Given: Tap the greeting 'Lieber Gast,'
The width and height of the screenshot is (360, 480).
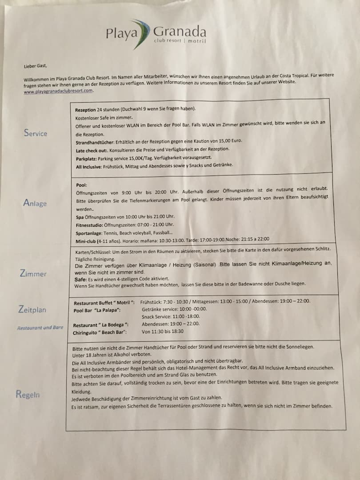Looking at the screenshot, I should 35,66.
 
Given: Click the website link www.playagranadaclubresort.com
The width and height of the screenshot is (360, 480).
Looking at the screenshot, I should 58,91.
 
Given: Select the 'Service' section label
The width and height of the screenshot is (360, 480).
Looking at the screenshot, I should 36,133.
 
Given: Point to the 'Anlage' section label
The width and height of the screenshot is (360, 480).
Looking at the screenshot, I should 35,203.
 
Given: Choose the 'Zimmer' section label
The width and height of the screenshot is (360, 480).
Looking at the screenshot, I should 33,274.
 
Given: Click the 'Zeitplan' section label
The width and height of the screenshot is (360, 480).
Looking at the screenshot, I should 32,309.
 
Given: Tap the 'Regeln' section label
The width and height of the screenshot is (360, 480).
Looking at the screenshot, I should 28,394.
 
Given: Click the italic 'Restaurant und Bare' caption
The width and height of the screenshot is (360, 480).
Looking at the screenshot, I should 40,328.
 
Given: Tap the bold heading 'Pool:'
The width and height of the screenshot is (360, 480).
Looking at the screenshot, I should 81,184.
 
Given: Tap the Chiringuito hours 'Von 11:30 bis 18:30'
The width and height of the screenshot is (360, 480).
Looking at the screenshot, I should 163,332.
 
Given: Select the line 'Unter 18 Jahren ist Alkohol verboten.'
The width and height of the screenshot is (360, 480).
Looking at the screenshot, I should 112,355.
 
